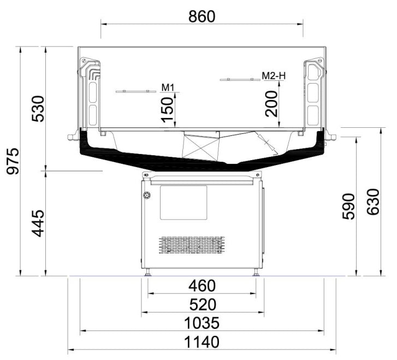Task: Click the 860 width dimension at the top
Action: coord(202,16)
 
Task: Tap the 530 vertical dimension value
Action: coord(38,109)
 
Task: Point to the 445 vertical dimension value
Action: coord(38,223)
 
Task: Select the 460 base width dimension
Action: coord(202,286)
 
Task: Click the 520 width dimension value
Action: coord(202,304)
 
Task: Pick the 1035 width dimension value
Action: coord(202,322)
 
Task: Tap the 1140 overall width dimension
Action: coord(202,342)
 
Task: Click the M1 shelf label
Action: coord(167,87)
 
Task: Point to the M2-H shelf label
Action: coord(274,76)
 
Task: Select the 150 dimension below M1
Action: coord(168,108)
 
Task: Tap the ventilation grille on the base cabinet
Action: coord(192,245)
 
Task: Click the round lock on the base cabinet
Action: coord(146,196)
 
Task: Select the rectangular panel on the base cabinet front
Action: coord(183,203)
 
